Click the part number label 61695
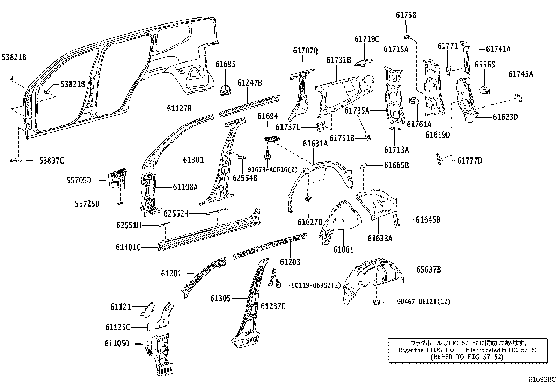tap(225, 64)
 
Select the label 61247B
tap(249, 83)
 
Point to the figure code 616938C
tap(541, 379)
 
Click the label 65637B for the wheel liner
tap(428, 270)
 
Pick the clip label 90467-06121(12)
tap(423, 302)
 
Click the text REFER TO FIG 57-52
tap(467, 357)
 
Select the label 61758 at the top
tap(406, 15)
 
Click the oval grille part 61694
tap(273, 139)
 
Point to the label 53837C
tap(51, 161)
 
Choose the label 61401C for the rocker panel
tap(128, 247)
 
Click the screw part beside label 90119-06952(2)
tap(278, 285)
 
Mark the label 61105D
tap(117, 343)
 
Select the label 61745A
tap(520, 74)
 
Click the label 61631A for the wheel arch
tap(315, 144)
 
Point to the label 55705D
tap(79, 180)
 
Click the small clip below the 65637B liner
tap(376, 302)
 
